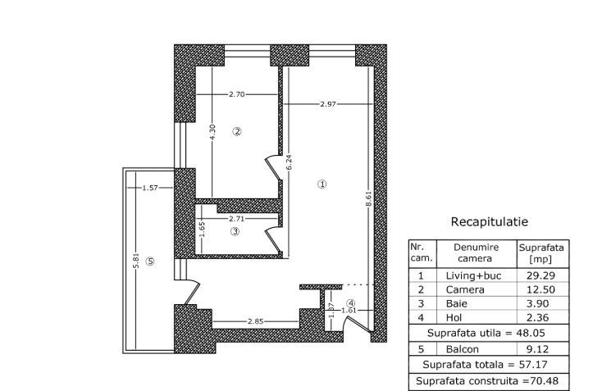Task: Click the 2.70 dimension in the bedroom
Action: pos(237,95)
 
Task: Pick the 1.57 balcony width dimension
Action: pos(149,189)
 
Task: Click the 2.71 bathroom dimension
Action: pos(236,219)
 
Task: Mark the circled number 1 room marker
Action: pos(322,184)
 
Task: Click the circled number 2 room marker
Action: pos(236,131)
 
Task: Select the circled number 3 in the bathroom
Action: pos(235,232)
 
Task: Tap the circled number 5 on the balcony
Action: pos(149,261)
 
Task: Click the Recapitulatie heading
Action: pos(489,222)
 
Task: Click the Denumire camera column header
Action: pos(474,252)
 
